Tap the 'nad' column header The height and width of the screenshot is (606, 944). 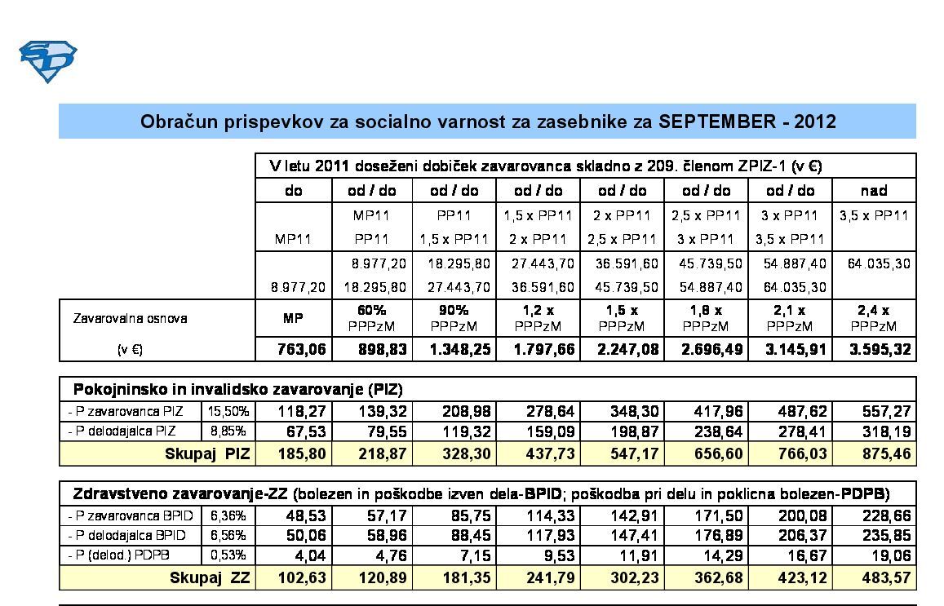pyautogui.click(x=874, y=191)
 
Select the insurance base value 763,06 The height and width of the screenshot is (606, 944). pyautogui.click(x=293, y=350)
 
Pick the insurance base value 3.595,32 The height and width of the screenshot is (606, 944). pyautogui.click(x=874, y=350)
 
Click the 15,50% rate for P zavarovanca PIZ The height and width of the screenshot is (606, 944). pyautogui.click(x=229, y=411)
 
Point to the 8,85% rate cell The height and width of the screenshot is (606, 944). pyautogui.click(x=229, y=431)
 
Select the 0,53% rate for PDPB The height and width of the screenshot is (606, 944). pyautogui.click(x=229, y=556)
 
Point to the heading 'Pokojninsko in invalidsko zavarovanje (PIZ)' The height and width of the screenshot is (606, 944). pyautogui.click(x=238, y=388)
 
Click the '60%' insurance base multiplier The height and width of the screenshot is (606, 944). pyautogui.click(x=372, y=311)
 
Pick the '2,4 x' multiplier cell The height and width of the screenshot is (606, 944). pyautogui.click(x=874, y=311)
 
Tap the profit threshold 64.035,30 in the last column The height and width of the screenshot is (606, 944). pyautogui.click(x=874, y=264)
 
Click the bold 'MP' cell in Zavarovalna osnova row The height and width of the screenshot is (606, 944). pyautogui.click(x=293, y=318)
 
